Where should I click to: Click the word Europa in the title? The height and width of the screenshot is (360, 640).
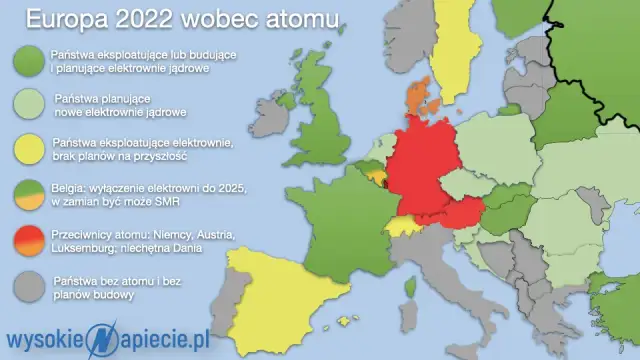70,20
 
